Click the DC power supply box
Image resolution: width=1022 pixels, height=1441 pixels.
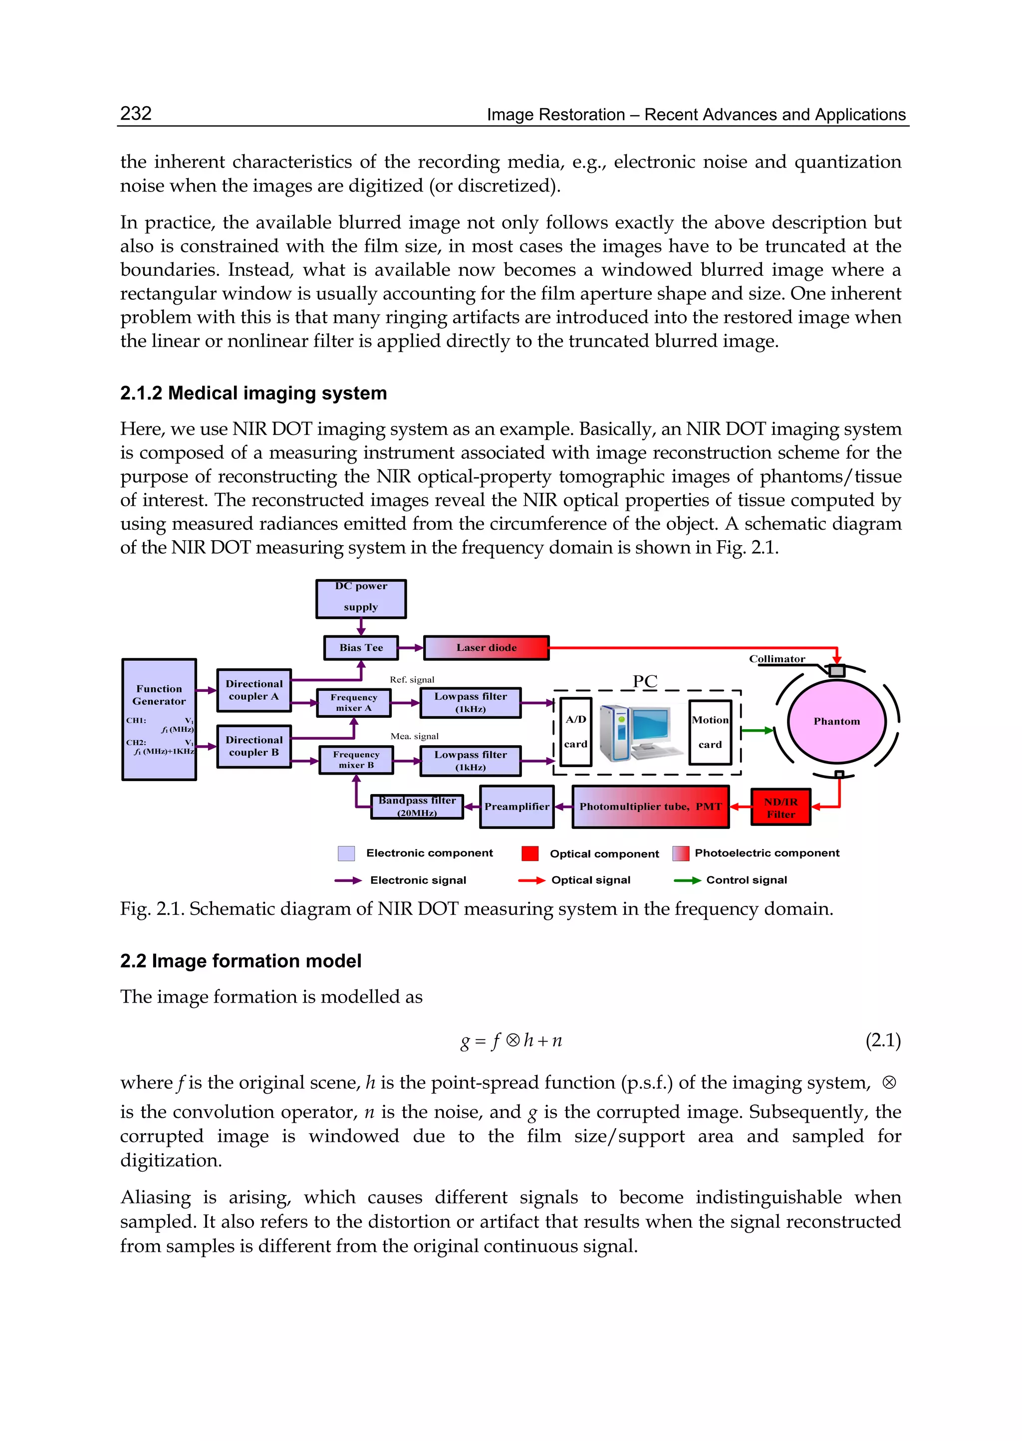[361, 599]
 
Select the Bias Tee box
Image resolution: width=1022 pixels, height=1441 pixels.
[361, 648]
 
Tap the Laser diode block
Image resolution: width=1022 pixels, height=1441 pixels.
[486, 648]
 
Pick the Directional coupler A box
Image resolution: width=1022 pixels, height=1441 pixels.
[254, 690]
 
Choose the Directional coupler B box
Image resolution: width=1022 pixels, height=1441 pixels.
[254, 746]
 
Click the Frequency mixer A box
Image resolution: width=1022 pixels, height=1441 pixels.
[354, 703]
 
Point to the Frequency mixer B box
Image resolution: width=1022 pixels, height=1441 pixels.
[356, 760]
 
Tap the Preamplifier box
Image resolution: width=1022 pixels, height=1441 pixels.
[516, 807]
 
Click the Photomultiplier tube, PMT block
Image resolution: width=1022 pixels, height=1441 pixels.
[650, 807]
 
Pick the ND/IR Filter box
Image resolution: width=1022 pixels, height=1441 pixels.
[780, 808]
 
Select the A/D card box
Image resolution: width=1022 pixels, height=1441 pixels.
[575, 732]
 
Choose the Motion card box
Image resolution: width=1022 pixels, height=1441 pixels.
[710, 732]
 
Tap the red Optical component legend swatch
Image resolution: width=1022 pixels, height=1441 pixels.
[530, 853]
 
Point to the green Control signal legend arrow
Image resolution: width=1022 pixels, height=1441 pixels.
[687, 880]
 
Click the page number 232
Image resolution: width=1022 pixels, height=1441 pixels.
[136, 113]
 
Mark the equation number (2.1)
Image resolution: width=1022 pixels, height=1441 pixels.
[882, 1040]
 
